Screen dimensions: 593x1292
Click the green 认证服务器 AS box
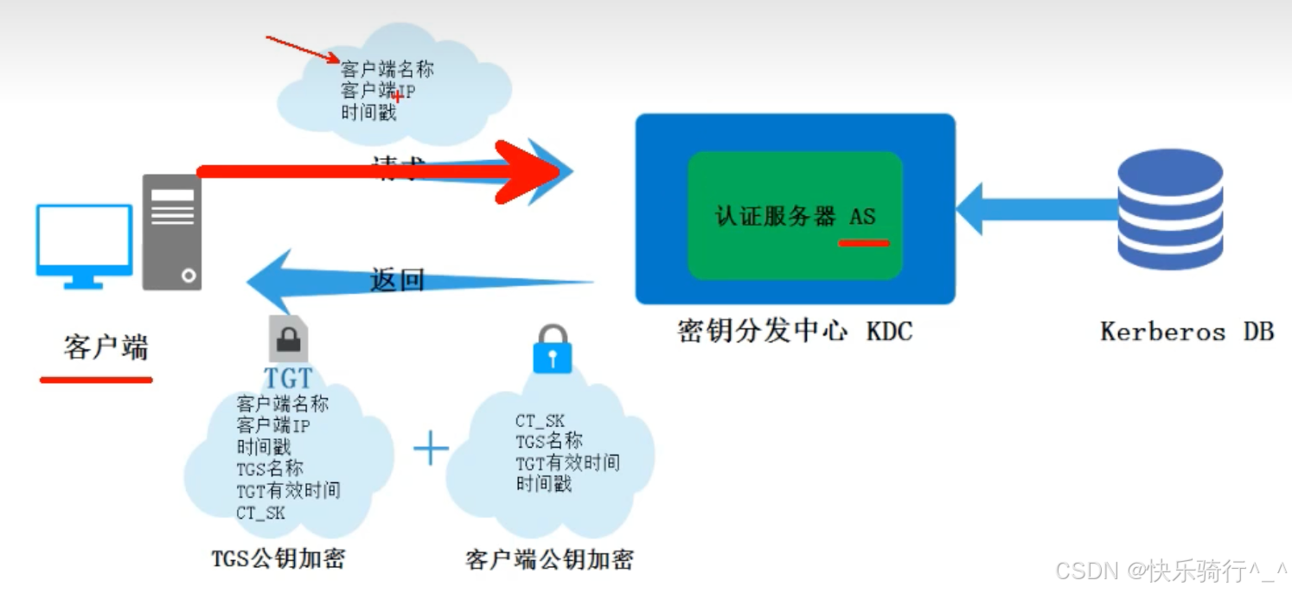pos(795,215)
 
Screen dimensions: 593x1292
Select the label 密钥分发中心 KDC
pos(794,331)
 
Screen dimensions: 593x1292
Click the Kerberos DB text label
pos(1186,331)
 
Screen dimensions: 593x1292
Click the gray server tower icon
pos(172,232)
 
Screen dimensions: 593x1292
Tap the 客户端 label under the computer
pos(106,348)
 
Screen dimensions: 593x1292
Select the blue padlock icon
pos(553,349)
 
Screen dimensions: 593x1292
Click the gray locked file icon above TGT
pos(288,338)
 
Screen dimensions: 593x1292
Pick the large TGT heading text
pos(288,378)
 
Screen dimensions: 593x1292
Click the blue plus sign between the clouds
pos(431,450)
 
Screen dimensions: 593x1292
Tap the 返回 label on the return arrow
pos(397,280)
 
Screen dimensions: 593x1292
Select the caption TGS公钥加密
pos(278,558)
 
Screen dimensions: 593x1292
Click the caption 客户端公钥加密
pos(549,559)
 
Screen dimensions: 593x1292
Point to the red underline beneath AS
pos(864,244)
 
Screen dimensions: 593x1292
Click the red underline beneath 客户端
pos(96,379)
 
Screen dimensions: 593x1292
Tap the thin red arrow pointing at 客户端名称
pos(303,49)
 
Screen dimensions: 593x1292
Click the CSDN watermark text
pos(1172,571)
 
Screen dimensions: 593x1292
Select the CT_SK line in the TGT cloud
pos(260,513)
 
